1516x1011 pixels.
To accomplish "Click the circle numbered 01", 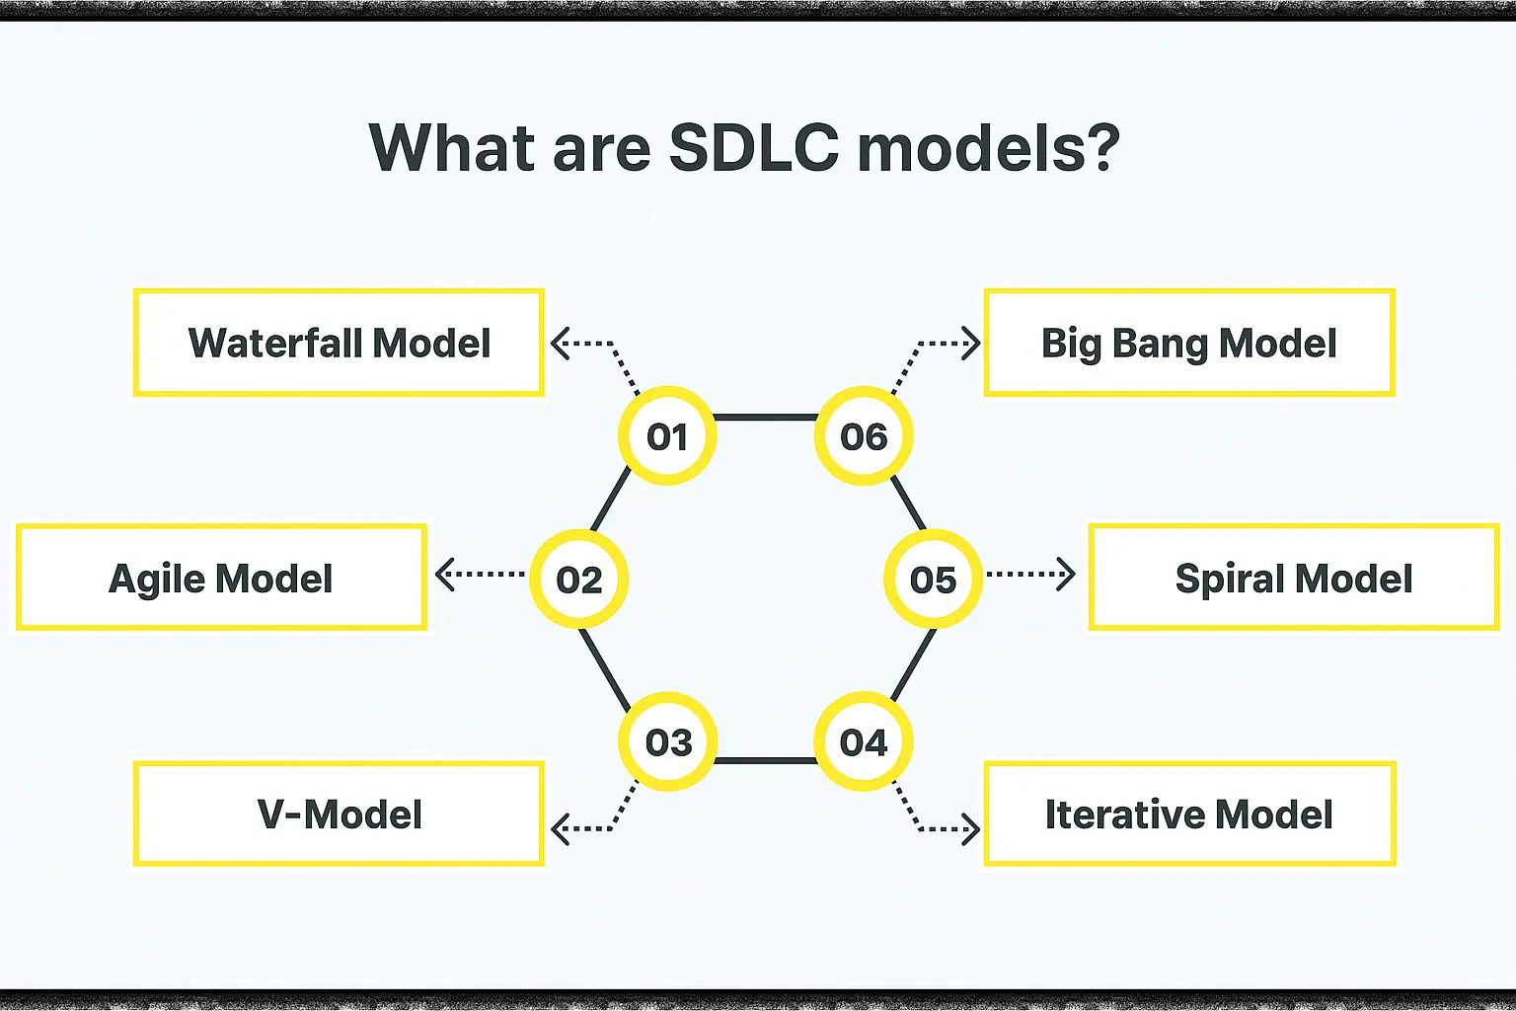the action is pos(666,435).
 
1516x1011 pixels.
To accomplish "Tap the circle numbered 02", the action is pos(578,579).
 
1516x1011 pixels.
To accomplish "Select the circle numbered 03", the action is pos(667,741).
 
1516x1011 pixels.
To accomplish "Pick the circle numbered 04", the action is pos(864,741).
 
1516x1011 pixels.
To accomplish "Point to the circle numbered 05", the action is pos(933,579).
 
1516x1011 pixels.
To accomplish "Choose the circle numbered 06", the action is pos(864,435).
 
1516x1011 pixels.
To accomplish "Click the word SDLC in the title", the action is pos(754,148).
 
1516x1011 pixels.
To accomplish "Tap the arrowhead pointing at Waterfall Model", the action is pos(561,344).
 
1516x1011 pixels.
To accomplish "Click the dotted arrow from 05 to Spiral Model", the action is pos(1030,575).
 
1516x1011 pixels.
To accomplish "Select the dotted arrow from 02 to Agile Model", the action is pos(480,575).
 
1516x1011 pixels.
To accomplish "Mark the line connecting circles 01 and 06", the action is pos(765,418).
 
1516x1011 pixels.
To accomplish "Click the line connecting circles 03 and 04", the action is pos(765,760).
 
